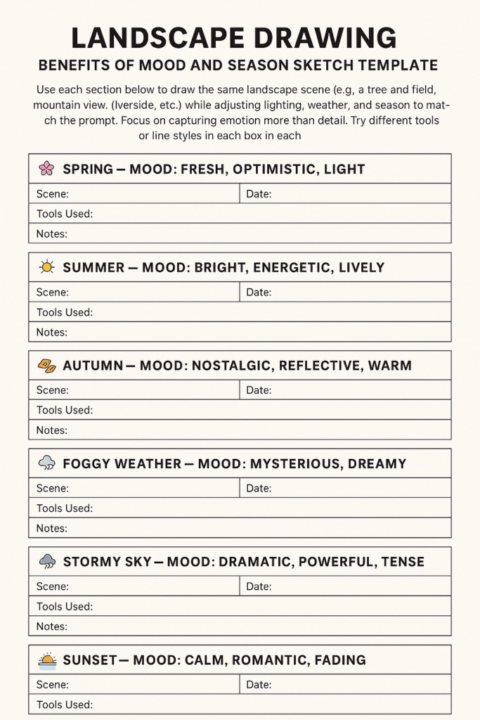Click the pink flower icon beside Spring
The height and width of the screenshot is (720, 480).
pos(46,168)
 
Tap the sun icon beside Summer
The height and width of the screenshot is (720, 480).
pos(46,266)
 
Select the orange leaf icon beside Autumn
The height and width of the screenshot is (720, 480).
pos(46,365)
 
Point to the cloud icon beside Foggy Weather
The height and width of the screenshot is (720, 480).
pos(46,463)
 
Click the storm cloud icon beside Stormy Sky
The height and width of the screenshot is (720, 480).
pos(46,561)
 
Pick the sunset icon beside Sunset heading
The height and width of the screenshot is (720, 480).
pos(46,660)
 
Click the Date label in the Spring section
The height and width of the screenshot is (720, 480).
pos(259,194)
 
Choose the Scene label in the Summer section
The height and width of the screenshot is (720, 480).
pos(53,292)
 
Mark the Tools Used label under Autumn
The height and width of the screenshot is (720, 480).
pos(65,410)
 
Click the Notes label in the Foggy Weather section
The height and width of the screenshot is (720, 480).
pos(52,528)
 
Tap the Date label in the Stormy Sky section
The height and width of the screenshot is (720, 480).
pos(259,586)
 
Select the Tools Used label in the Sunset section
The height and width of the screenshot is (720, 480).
pos(65,705)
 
